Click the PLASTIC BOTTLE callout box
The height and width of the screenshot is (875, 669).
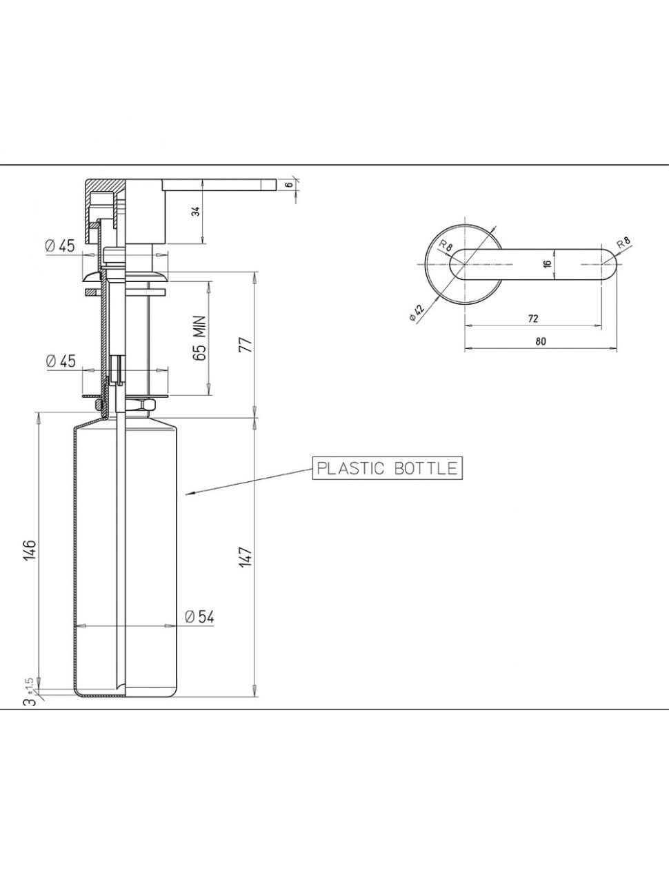(x=387, y=467)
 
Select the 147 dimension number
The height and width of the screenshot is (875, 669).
(x=246, y=556)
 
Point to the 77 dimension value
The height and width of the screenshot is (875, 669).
(x=246, y=345)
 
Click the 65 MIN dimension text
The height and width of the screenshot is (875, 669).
(x=199, y=339)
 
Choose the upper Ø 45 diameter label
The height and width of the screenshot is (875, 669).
(x=60, y=246)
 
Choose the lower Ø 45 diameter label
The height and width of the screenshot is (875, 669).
(x=61, y=361)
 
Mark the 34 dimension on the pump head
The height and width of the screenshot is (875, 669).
(x=195, y=211)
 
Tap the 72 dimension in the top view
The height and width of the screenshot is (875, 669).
(x=532, y=319)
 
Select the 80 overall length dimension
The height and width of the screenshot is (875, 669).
(x=541, y=341)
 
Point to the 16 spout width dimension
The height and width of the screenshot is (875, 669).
(x=548, y=263)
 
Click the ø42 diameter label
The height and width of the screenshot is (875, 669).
(x=417, y=312)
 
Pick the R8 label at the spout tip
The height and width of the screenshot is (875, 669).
(x=623, y=242)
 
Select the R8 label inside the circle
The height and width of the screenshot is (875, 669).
(x=446, y=245)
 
